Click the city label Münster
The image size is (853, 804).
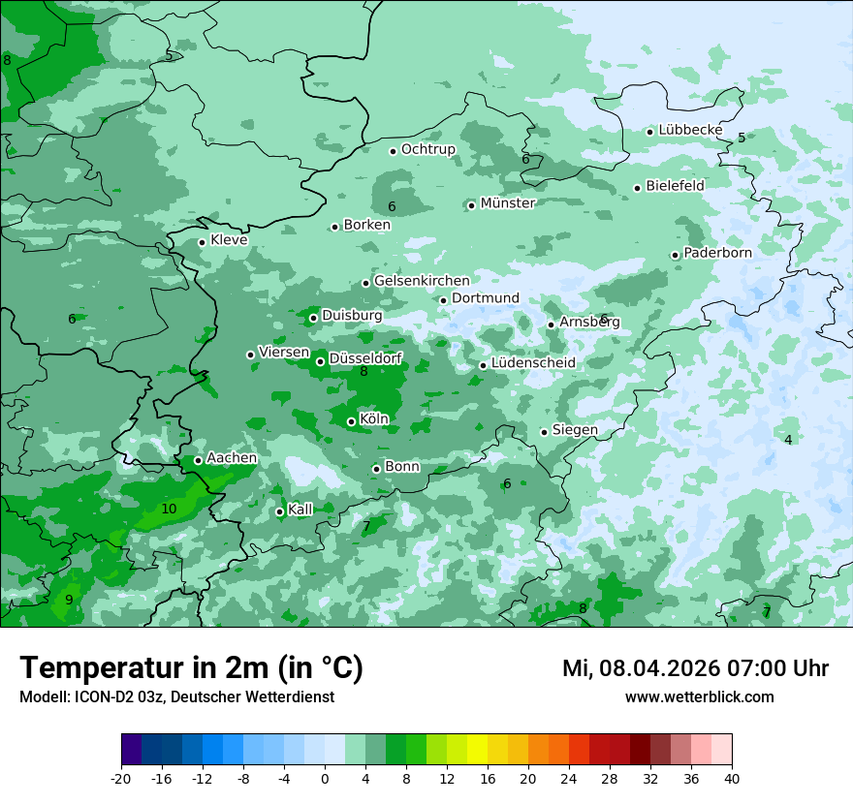(508, 203)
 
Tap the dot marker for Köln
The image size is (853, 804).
(351, 421)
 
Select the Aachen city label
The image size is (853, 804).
(232, 458)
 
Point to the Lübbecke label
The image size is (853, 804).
(690, 130)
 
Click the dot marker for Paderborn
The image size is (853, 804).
(675, 255)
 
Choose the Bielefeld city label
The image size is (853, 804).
(675, 185)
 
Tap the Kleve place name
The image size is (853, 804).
(229, 240)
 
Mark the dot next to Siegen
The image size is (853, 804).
(544, 432)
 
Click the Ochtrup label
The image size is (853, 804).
(427, 149)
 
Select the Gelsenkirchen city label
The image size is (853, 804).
(422, 281)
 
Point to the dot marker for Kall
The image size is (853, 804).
(279, 511)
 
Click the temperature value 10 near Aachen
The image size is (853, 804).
(169, 509)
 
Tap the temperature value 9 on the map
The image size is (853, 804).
(69, 600)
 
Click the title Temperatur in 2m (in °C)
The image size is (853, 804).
(192, 668)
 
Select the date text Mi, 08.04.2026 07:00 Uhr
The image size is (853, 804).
(695, 668)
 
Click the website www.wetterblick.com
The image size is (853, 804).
(699, 696)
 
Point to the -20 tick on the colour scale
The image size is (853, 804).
(121, 778)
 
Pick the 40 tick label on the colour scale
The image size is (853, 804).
(732, 778)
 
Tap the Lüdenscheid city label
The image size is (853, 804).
(533, 363)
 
